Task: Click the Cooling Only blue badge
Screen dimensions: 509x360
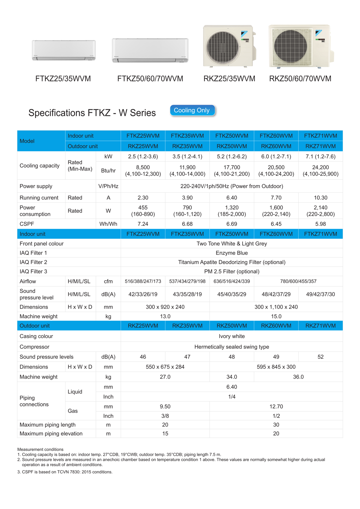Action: coord(192,110)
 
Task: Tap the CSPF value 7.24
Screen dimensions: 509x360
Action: coord(143,224)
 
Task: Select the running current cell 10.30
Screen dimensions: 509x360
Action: coord(320,198)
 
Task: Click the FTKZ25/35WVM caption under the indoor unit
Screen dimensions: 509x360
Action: coord(63,79)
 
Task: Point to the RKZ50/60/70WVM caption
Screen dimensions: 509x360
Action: coord(300,79)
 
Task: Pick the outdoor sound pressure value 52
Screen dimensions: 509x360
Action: coord(320,357)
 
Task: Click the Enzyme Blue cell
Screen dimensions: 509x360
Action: coord(232,253)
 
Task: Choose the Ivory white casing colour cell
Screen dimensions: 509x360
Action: coord(232,336)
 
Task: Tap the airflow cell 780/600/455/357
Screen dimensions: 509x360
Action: coord(298,281)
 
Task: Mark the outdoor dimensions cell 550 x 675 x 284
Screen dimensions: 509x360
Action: coord(165,367)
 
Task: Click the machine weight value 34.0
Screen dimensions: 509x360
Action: coord(232,377)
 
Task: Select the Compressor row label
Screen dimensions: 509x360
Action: coord(34,347)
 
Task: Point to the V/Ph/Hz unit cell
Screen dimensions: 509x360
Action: coord(108,186)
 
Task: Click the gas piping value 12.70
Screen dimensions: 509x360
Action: coord(276,406)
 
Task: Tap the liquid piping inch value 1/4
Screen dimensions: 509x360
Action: coord(232,397)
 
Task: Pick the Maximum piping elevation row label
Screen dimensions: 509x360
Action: coord(51,434)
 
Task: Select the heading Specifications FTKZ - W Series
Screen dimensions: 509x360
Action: coord(92,113)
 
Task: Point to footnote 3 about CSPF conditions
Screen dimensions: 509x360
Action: coord(65,472)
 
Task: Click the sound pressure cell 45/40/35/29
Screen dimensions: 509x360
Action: coord(232,294)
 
